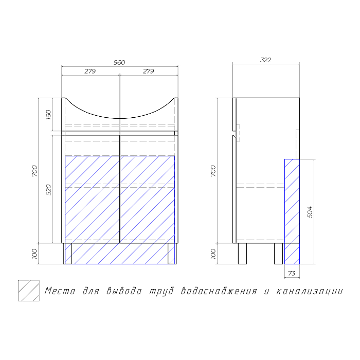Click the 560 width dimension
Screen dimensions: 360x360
[x=119, y=62]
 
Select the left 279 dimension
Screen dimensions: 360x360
[x=90, y=71]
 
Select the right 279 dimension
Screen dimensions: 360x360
[x=149, y=71]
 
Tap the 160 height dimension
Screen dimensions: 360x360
[x=48, y=115]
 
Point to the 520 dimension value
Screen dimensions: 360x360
[x=48, y=190]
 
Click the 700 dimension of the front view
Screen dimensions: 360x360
[x=34, y=171]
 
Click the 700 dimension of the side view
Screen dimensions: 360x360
[x=213, y=171]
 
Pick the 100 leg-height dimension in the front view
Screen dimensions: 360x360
[x=34, y=254]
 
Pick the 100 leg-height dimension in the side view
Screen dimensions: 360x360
[x=213, y=254]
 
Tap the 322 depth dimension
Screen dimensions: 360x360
[x=266, y=60]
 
